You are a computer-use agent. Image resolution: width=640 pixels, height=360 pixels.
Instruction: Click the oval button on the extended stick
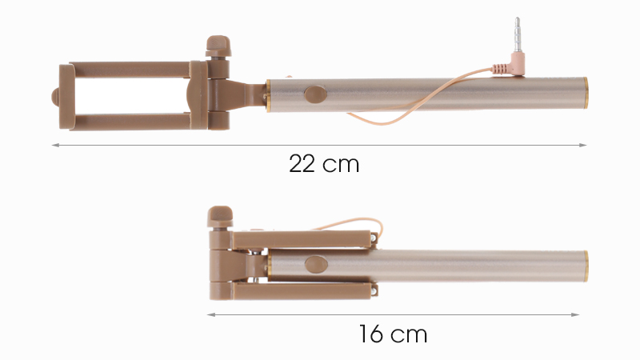coord(315,94)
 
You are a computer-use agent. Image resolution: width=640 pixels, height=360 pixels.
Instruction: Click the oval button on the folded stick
coord(316,265)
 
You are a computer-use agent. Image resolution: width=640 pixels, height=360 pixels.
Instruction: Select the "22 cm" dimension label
coord(324,164)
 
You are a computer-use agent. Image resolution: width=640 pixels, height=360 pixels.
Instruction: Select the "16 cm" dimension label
coord(393,334)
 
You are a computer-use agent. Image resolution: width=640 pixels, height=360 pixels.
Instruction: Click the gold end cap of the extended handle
coord(586,93)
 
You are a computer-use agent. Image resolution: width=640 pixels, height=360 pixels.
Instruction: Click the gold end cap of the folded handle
coord(586,266)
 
